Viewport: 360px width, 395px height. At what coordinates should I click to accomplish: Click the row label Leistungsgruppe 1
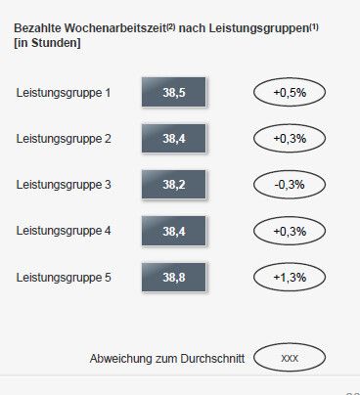coord(65,93)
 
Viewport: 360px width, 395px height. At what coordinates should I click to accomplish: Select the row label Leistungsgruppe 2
coord(65,139)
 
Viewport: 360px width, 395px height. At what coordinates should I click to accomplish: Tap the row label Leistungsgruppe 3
coord(65,185)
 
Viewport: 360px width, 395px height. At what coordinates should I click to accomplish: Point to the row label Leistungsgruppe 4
coord(65,231)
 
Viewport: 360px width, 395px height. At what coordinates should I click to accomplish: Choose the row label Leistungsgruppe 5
coord(65,278)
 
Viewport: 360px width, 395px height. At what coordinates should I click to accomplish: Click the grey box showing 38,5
coord(174,93)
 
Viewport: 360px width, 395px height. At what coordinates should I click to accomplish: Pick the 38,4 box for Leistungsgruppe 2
coord(174,139)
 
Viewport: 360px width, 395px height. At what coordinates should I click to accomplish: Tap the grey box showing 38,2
coord(174,185)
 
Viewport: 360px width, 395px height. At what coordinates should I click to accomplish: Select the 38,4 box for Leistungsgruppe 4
coord(174,231)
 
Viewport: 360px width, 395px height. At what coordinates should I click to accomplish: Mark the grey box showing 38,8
coord(174,278)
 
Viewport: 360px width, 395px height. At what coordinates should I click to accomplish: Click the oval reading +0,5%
coord(290,93)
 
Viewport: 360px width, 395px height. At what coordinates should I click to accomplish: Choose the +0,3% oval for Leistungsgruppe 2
coord(290,139)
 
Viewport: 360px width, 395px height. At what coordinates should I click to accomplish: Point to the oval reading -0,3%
coord(290,185)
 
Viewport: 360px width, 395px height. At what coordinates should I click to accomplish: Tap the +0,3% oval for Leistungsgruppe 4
coord(290,231)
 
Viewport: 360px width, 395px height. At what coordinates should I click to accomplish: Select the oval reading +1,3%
coord(290,278)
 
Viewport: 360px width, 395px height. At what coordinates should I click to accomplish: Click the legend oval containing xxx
coord(290,358)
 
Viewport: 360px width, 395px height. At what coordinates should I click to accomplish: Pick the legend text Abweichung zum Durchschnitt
coord(167,358)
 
